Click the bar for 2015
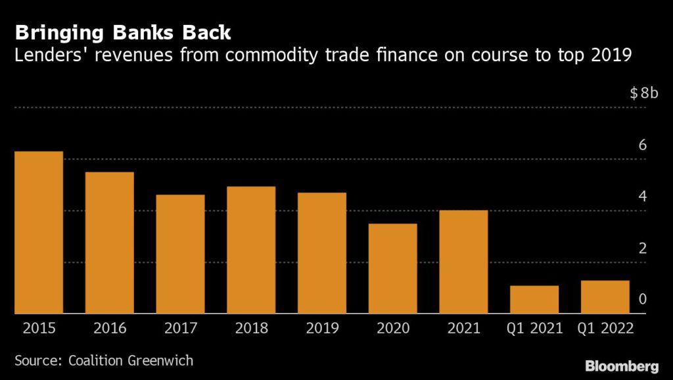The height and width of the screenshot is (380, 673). coord(39,233)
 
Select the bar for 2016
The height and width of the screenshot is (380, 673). coord(110,243)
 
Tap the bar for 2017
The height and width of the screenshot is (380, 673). coord(180,254)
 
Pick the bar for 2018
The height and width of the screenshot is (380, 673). coord(251,250)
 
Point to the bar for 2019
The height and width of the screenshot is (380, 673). coord(322,253)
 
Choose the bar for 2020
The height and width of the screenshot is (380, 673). coord(392,269)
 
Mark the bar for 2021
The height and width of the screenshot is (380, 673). coord(463,262)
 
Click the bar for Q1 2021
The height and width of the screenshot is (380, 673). coord(534,300)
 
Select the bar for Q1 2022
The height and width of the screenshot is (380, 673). coord(605,297)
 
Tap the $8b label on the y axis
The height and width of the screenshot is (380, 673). coord(643,93)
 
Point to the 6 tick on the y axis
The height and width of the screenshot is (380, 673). coord(643,145)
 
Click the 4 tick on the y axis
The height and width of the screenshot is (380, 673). coord(643,197)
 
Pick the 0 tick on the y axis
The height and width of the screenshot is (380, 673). coord(643,300)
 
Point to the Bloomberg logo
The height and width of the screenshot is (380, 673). coord(622,365)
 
